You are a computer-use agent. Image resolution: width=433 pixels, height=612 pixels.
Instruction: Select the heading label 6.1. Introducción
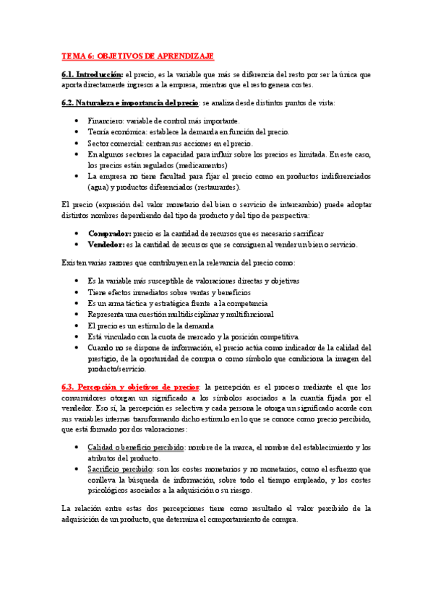pyautogui.click(x=93, y=74)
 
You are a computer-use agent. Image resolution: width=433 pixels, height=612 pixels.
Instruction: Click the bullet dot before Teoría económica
pyautogui.click(x=77, y=132)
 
